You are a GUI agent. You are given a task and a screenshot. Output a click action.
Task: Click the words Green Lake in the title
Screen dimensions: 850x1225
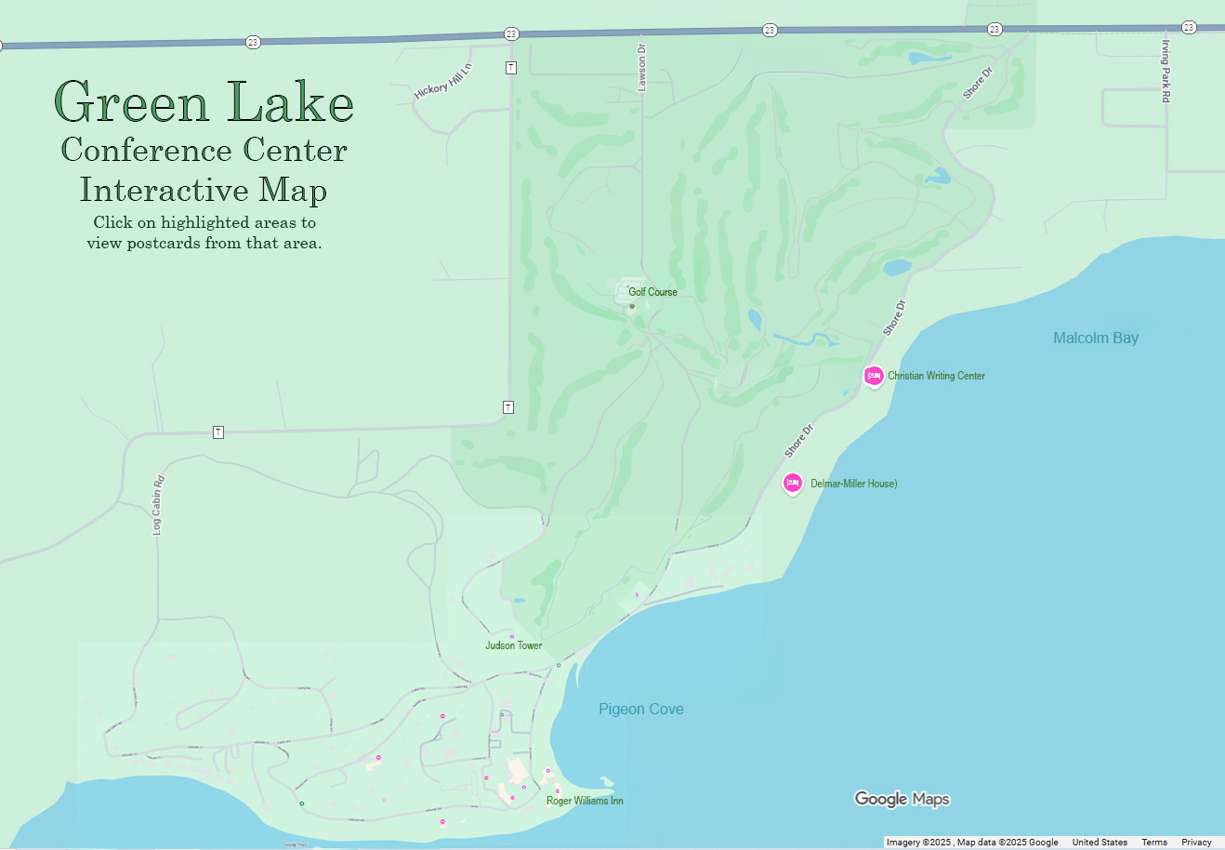point(204,102)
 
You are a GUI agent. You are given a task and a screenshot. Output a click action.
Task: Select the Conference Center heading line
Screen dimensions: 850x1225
point(204,150)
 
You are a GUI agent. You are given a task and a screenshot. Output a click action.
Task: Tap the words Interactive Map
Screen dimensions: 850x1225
point(204,190)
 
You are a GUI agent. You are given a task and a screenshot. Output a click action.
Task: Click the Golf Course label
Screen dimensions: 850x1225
point(652,292)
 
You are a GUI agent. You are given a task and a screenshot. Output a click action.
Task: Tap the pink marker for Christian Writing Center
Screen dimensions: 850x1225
point(873,376)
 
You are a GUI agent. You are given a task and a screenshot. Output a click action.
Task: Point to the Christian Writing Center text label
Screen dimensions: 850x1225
point(936,376)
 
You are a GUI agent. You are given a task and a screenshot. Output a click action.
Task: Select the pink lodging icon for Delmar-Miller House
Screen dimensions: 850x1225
point(792,483)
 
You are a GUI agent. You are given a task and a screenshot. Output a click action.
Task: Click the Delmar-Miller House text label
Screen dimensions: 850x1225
point(853,484)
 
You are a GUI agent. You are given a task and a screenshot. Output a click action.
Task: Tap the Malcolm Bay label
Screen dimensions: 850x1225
point(1095,338)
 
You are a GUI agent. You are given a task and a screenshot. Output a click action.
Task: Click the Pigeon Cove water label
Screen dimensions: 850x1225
point(640,709)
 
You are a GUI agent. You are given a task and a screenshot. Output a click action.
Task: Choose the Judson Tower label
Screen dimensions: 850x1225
point(513,645)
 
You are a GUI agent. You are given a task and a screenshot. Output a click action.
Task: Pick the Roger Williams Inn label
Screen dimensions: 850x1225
point(585,801)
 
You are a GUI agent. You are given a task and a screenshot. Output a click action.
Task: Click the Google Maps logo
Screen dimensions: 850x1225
point(902,799)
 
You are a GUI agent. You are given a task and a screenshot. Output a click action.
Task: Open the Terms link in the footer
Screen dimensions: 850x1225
point(1153,843)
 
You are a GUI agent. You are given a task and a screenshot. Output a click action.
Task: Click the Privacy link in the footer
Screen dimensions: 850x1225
point(1196,843)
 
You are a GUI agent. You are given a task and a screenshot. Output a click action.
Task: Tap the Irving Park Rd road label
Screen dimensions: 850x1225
point(1166,71)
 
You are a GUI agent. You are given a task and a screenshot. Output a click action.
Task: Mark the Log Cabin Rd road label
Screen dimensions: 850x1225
point(157,505)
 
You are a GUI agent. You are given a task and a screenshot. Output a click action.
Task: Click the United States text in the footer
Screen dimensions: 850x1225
point(1100,843)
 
